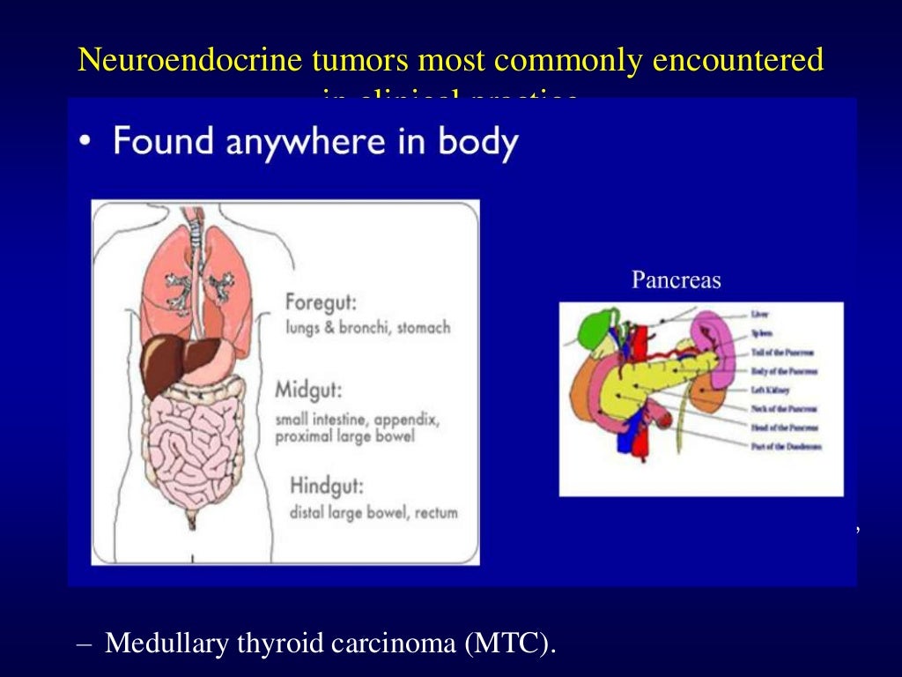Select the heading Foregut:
click(x=320, y=302)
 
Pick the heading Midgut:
click(x=310, y=390)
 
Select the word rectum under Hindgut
click(x=437, y=512)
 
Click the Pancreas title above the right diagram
click(x=676, y=280)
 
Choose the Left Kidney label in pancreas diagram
click(x=770, y=390)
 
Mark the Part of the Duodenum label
click(x=787, y=447)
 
